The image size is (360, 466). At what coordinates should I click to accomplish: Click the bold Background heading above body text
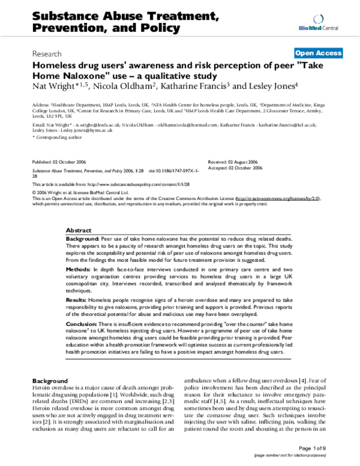[50, 381]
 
